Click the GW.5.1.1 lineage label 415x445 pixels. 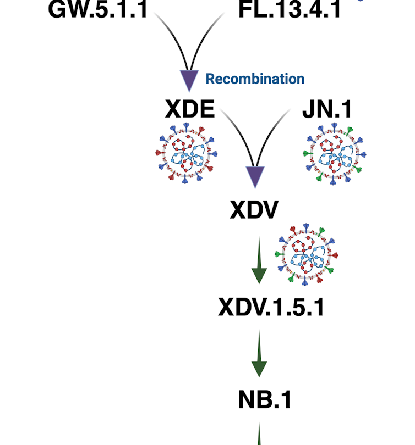coord(98,9)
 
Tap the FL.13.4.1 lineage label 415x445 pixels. coord(290,9)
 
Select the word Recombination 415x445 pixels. coord(255,79)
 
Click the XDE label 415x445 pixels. coord(190,110)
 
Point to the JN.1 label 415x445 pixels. coord(327,110)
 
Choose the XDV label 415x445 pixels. coord(254,209)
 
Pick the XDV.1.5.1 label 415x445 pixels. coord(271,307)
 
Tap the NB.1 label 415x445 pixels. coord(264,400)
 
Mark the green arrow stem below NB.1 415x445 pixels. coord(259,437)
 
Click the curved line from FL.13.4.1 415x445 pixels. coord(206,36)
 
